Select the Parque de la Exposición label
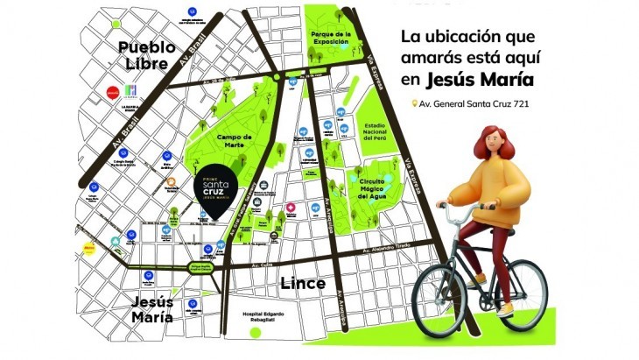pos(330,37)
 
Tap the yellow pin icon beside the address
pos(415,104)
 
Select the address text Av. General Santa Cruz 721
pos(481,104)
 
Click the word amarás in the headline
pos(443,59)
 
